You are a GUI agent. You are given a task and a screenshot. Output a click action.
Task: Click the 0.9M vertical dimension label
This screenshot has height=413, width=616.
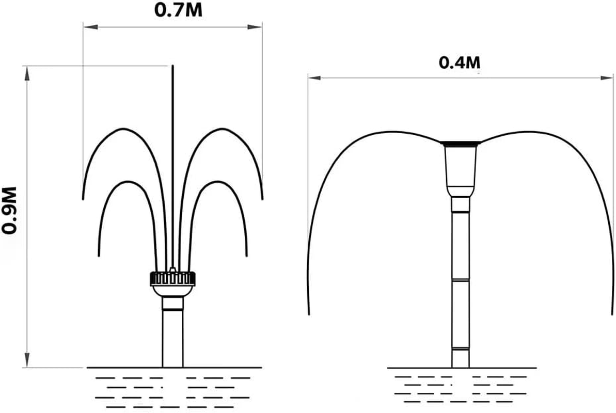point(9,210)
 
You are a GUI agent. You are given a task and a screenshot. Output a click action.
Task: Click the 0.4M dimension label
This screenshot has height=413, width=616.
point(460,62)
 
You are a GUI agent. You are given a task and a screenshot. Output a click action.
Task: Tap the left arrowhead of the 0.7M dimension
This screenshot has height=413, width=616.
point(91,27)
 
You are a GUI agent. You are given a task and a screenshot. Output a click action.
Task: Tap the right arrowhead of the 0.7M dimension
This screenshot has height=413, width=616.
point(255,27)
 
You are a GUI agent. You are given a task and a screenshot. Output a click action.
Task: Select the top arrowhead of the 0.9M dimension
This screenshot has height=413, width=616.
point(27,73)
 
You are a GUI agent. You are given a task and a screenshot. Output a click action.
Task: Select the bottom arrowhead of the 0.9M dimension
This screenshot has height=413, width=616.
point(27,360)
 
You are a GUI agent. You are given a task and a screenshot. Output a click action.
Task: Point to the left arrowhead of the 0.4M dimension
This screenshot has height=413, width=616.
point(314,78)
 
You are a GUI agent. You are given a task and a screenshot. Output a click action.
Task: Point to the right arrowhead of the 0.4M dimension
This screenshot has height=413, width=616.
point(607,78)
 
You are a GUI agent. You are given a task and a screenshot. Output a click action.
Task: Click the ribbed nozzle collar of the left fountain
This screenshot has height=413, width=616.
point(172,278)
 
